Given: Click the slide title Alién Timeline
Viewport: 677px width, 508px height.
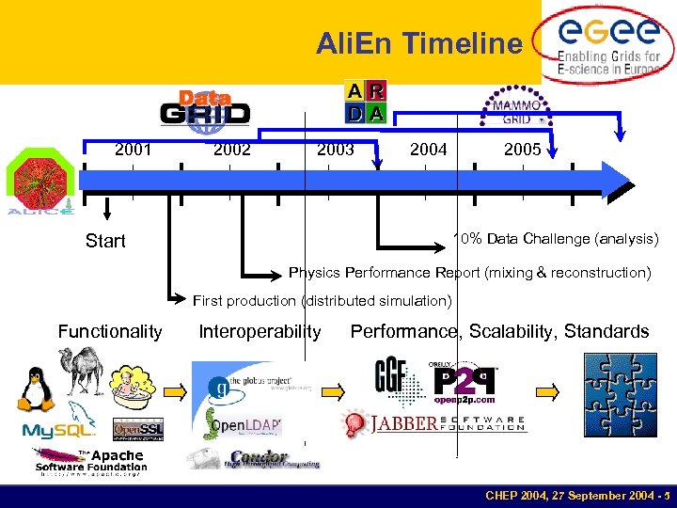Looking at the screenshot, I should coord(418,43).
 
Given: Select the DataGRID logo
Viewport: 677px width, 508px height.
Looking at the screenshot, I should coord(205,107).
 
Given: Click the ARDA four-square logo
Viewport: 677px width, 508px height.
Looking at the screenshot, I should coord(365,102).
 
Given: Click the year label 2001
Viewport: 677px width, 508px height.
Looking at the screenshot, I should coord(134,150).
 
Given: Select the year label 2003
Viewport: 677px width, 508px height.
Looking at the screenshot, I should coord(335,150).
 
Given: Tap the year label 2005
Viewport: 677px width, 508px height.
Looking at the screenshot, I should coord(522,150).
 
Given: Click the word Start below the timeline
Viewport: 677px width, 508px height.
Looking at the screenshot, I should coord(105,241).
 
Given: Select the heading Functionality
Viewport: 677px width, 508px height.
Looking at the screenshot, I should coord(110,331).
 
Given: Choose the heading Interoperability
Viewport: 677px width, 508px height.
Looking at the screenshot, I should coord(260,331).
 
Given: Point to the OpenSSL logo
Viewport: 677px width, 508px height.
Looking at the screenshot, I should coord(138,428).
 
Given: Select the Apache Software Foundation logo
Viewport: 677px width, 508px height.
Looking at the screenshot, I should coord(90,461).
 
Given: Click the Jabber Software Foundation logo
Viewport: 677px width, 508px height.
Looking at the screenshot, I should coord(434,423).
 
